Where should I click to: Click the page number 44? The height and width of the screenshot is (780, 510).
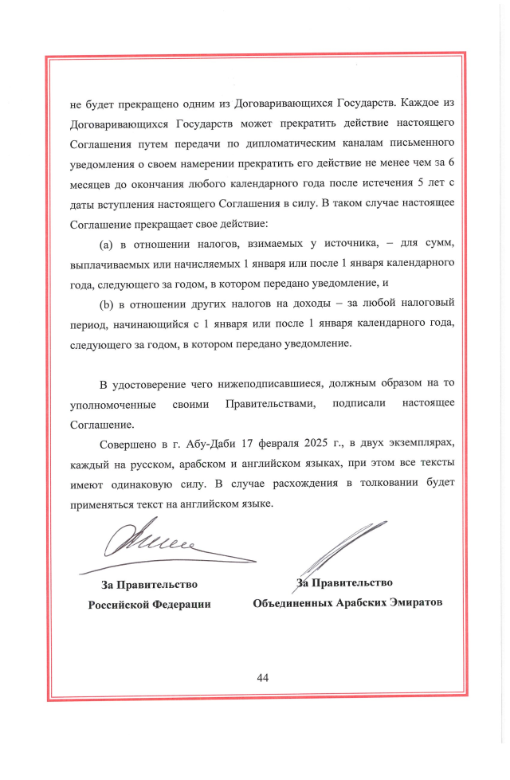[x=263, y=677]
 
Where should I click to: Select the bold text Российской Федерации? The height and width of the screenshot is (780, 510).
[x=149, y=604]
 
